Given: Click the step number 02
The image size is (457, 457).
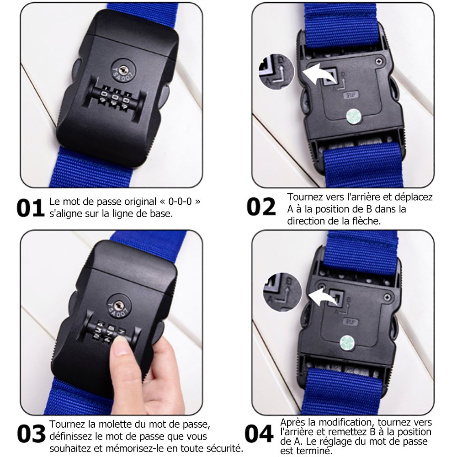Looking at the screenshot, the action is (261, 207).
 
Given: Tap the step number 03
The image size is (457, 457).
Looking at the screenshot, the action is (31, 434).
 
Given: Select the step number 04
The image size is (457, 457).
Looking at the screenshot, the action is (259, 434).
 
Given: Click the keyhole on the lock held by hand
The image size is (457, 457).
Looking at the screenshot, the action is (118, 306).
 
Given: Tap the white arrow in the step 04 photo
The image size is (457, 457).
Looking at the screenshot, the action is (323, 297).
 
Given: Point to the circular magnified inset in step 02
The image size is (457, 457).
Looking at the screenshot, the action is (276, 71).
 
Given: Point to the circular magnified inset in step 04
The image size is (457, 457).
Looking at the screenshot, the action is (282, 292).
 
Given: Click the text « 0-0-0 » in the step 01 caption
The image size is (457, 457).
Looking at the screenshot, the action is (180, 202).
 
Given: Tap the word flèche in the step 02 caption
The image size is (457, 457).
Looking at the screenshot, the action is (366, 221).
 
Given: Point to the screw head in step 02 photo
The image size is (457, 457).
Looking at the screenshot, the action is (378, 61).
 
